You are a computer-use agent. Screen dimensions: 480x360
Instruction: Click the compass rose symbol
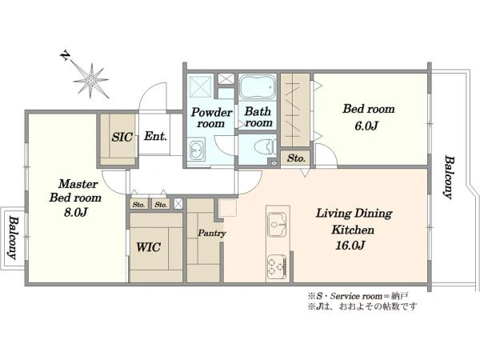click(91, 80)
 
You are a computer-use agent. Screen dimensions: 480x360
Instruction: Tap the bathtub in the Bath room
click(257, 86)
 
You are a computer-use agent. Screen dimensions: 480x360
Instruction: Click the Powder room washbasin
click(196, 150)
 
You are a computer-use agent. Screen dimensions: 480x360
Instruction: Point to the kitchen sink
click(277, 225)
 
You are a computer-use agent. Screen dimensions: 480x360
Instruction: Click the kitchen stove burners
click(277, 265)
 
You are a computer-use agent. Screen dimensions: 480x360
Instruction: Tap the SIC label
click(122, 137)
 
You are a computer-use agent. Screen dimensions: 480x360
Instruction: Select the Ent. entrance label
click(155, 136)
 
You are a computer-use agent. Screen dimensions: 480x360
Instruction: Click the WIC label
click(148, 246)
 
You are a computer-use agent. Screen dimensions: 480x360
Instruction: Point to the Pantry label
click(212, 234)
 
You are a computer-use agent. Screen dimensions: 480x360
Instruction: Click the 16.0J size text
click(350, 246)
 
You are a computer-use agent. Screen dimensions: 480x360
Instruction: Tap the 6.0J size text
click(366, 126)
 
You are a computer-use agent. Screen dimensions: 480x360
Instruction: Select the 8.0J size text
click(75, 212)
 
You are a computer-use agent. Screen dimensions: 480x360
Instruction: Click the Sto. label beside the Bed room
click(296, 158)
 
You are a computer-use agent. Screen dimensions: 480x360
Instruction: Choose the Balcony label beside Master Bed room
click(13, 238)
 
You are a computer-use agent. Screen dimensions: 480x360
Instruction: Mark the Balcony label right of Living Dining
click(449, 178)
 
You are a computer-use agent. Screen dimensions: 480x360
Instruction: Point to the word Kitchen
click(353, 230)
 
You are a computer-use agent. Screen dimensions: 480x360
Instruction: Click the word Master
click(78, 184)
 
